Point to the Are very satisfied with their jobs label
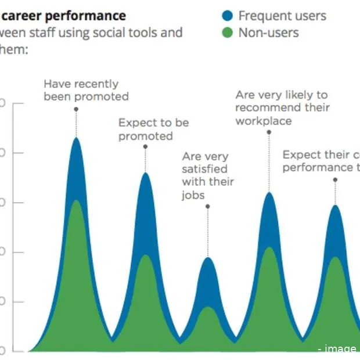pos(207,175)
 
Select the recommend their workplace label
pos(282,107)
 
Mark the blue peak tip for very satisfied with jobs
pos(208,258)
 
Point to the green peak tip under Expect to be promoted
pos(146,255)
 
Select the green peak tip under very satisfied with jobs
pos(208,307)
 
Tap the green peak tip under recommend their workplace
pos(269,248)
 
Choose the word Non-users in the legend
pos(268,33)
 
